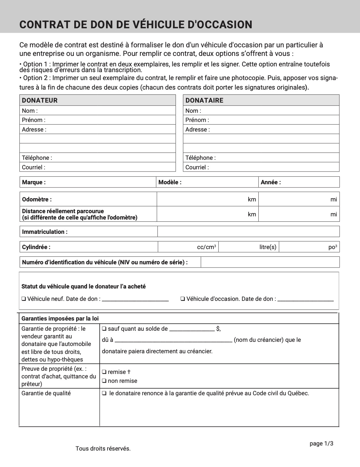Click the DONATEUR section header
point(40,100)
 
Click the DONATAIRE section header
point(204,100)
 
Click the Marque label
point(34,182)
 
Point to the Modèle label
point(170,182)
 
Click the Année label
point(270,182)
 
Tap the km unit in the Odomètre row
point(252,200)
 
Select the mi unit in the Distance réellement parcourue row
point(333,214)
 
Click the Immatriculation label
point(45,232)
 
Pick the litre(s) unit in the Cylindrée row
point(268,247)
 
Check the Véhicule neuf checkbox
point(24,299)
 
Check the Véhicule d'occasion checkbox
point(183,299)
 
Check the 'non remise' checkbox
point(104,381)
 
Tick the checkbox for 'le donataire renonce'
point(104,393)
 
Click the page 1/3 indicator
point(321,443)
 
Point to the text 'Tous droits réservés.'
point(103,449)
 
